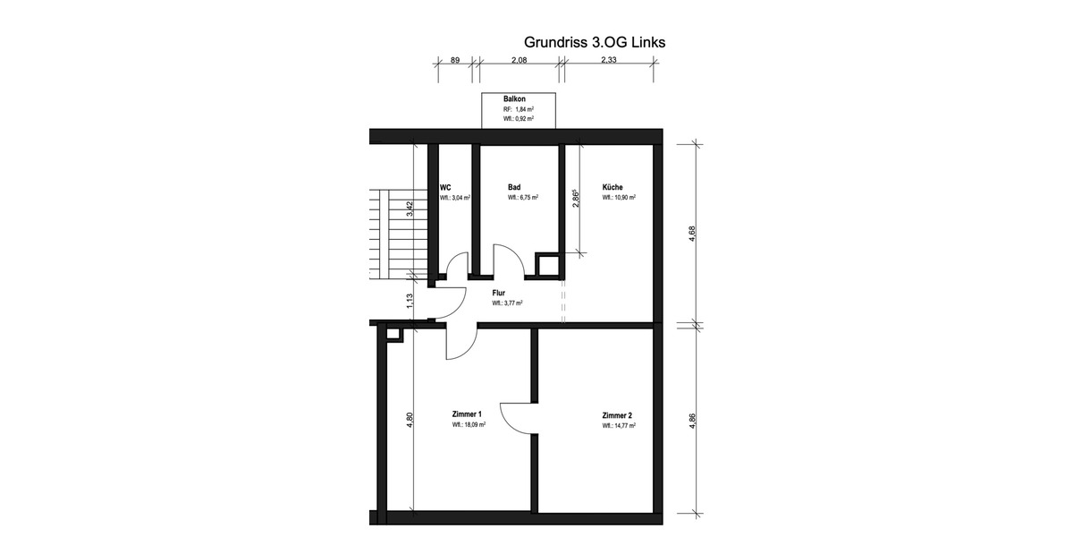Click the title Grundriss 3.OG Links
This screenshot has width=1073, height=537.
click(x=594, y=42)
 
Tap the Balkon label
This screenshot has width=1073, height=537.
click(x=514, y=98)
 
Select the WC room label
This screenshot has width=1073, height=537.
click(x=444, y=187)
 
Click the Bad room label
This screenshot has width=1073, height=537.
click(x=514, y=187)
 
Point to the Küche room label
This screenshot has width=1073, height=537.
click(x=613, y=187)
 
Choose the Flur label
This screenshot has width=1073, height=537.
click(x=499, y=293)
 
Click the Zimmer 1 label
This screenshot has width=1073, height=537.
click(x=467, y=414)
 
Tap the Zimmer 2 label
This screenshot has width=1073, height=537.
click(x=617, y=415)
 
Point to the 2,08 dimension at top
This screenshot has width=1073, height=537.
click(x=518, y=60)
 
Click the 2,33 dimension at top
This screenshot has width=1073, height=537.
click(x=609, y=60)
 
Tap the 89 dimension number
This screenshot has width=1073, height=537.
click(x=454, y=60)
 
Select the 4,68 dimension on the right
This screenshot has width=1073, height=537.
click(x=692, y=234)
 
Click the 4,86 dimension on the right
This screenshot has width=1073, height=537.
click(x=692, y=421)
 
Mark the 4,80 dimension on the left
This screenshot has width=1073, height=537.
click(x=410, y=419)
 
